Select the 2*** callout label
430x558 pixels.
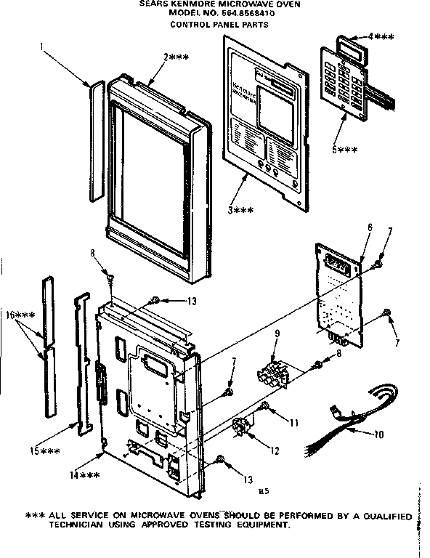(177, 57)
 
